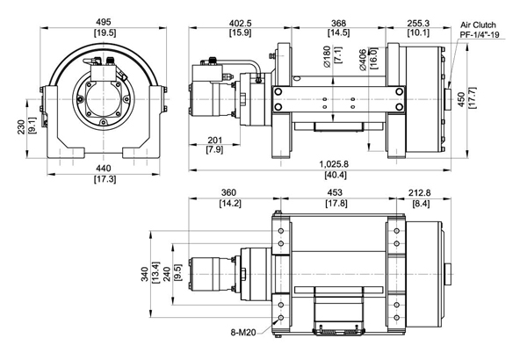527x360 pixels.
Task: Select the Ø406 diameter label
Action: [361, 58]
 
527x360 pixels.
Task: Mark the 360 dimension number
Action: [232, 196]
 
